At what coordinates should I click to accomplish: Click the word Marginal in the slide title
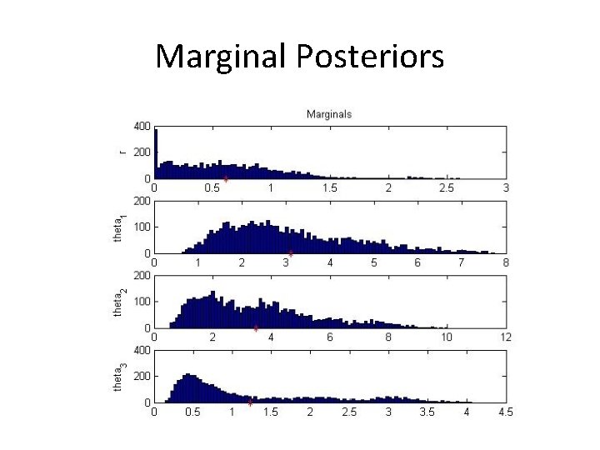click(x=221, y=57)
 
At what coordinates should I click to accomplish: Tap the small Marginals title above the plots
click(x=329, y=113)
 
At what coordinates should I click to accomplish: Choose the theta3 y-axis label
click(x=119, y=377)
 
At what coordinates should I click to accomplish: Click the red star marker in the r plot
click(x=226, y=179)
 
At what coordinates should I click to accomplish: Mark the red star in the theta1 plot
click(x=291, y=253)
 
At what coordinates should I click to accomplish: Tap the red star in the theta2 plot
click(x=256, y=327)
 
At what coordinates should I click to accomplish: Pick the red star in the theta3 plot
click(x=251, y=402)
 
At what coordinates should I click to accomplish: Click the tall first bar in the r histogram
click(x=156, y=154)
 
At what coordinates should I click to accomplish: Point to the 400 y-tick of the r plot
click(x=141, y=127)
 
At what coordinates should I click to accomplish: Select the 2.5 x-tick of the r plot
click(x=447, y=188)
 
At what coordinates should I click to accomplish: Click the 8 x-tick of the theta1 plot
click(x=506, y=262)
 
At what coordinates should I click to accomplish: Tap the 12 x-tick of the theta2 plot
click(x=504, y=337)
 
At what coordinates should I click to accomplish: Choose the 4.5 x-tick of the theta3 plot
click(x=505, y=412)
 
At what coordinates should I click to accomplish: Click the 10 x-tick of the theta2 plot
click(x=447, y=337)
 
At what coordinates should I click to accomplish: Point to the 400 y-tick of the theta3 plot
click(x=141, y=350)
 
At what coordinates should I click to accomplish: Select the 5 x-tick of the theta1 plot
click(x=374, y=262)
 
